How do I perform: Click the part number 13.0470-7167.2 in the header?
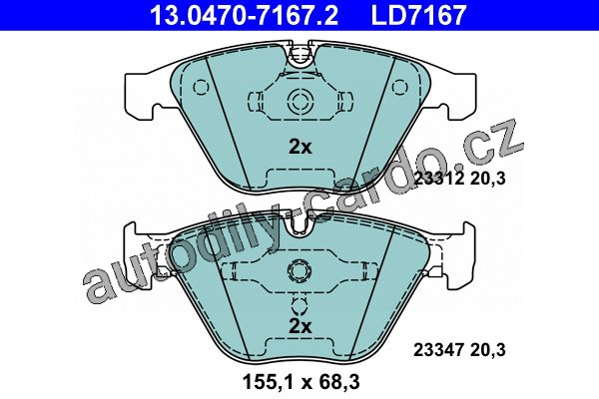244,15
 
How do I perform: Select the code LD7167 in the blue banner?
418,15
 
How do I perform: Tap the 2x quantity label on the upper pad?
299,147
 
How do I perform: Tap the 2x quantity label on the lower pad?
299,326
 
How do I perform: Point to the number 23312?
439,179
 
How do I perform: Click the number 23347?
439,350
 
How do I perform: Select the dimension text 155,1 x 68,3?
301,382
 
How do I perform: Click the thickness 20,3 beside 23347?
488,350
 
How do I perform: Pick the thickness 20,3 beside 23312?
488,179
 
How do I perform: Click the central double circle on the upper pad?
299,101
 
